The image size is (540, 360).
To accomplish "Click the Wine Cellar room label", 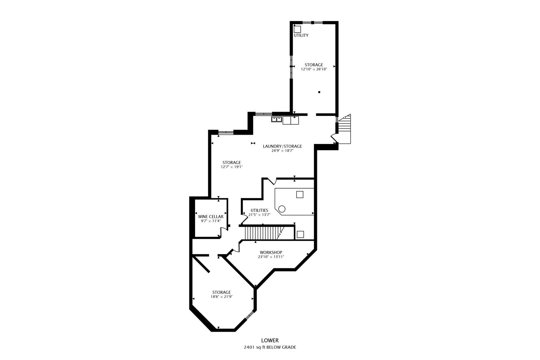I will [210, 217].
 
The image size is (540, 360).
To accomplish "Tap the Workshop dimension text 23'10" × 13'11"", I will [271, 257].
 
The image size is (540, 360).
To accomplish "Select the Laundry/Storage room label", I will [282, 146].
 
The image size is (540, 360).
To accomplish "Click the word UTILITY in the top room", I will [301, 35].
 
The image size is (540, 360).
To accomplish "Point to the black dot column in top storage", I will [319, 92].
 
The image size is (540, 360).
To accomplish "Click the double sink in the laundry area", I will [276, 119].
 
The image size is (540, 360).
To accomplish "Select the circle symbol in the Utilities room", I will [282, 209].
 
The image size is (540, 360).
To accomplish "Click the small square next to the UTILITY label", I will [297, 29].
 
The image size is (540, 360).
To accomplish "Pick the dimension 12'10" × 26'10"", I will [314, 69].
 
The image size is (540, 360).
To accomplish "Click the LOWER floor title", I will [270, 340].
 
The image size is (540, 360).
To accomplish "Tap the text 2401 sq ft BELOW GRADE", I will [270, 347].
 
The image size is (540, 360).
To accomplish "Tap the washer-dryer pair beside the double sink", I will [291, 120].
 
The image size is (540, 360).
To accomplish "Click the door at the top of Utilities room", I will [272, 181].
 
